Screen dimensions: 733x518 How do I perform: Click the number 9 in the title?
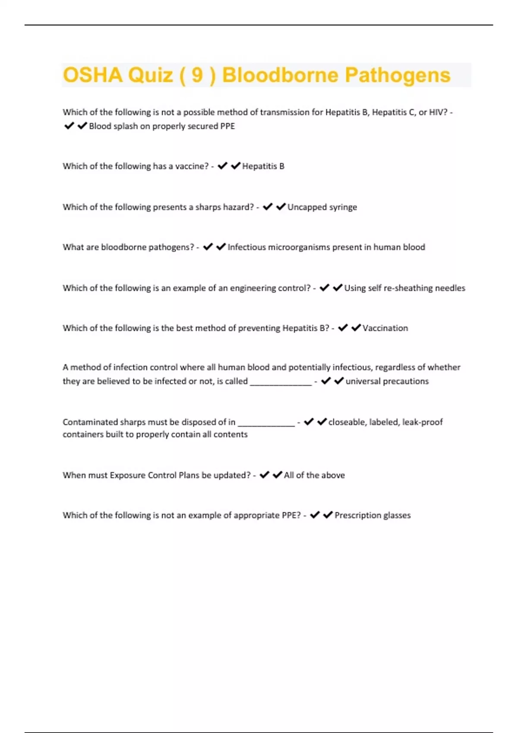197,75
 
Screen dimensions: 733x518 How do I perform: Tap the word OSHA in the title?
92,75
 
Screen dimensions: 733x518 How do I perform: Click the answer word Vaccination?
385,328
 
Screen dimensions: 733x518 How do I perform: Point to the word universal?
363,381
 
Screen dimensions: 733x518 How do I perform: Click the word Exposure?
127,475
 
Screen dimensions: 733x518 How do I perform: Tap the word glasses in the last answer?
397,515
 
